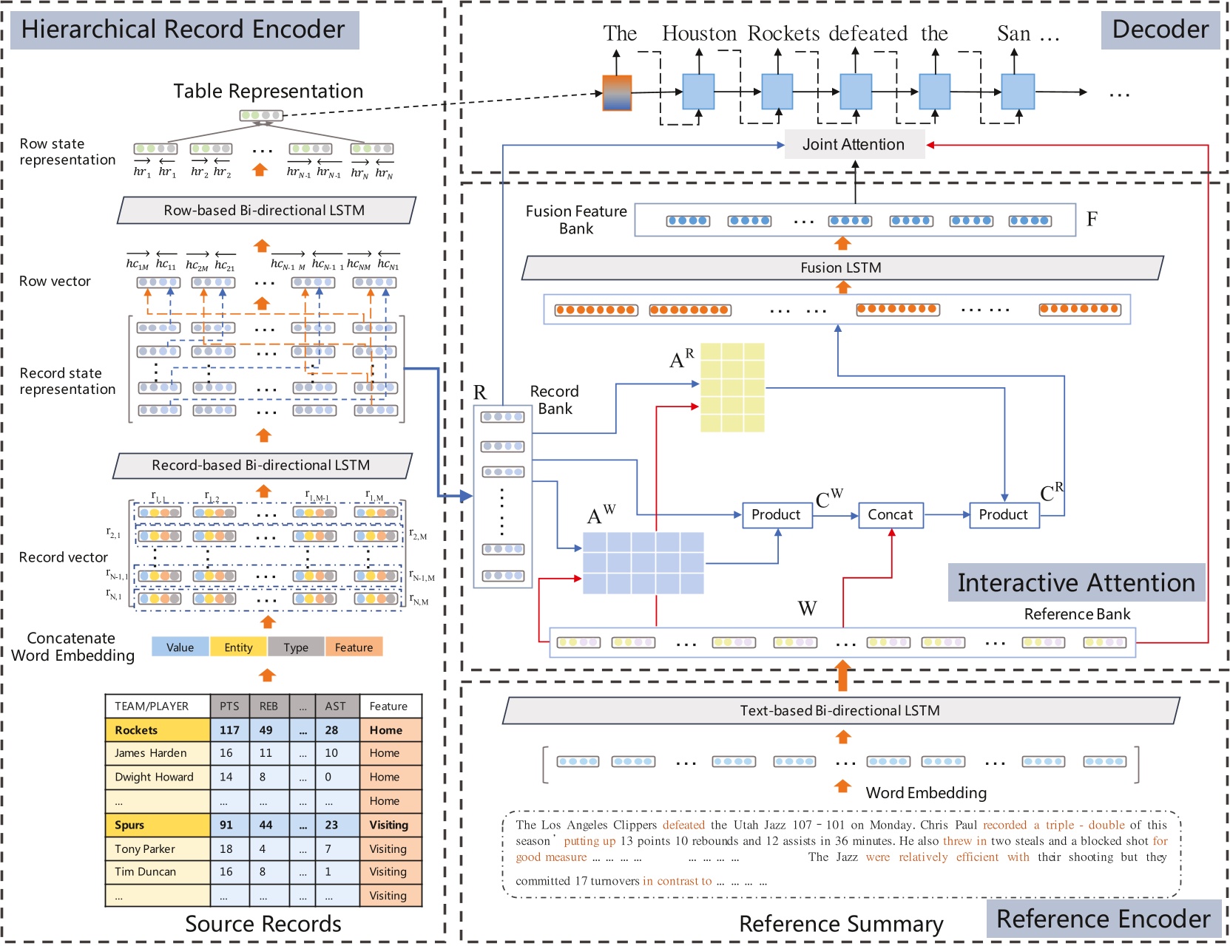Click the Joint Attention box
pyautogui.click(x=854, y=145)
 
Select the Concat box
pyautogui.click(x=891, y=514)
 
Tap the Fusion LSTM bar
pyautogui.click(x=841, y=268)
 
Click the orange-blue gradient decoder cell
pyautogui.click(x=617, y=92)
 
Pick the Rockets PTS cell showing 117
pyautogui.click(x=229, y=730)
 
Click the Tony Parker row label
pyautogui.click(x=145, y=848)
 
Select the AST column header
pyautogui.click(x=335, y=706)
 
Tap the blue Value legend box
pyautogui.click(x=180, y=647)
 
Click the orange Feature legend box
pyautogui.click(x=354, y=647)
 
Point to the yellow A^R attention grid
pyautogui.click(x=732, y=387)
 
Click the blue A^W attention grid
pyautogui.click(x=643, y=562)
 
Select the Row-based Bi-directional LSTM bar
pyautogui.click(x=265, y=211)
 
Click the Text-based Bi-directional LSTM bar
pyautogui.click(x=839, y=711)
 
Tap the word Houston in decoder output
pyautogui.click(x=699, y=34)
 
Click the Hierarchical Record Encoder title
pyautogui.click(x=183, y=30)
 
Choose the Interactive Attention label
pyautogui.click(x=1075, y=582)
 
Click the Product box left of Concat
pyautogui.click(x=776, y=514)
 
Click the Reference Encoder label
pyautogui.click(x=1103, y=919)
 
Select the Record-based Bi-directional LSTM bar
pyautogui.click(x=261, y=466)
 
